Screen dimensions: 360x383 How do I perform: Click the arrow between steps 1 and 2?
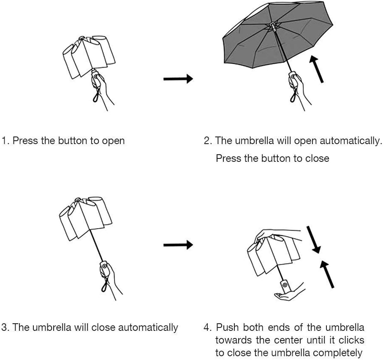pyautogui.click(x=178, y=79)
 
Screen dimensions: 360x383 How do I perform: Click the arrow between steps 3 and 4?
pyautogui.click(x=178, y=245)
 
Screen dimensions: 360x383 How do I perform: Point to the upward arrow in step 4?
pyautogui.click(x=326, y=274)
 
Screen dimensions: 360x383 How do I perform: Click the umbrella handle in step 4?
pyautogui.click(x=285, y=286)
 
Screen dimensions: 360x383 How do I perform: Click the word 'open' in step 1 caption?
pyautogui.click(x=113, y=141)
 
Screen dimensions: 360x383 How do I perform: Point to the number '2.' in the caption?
pyautogui.click(x=208, y=141)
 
